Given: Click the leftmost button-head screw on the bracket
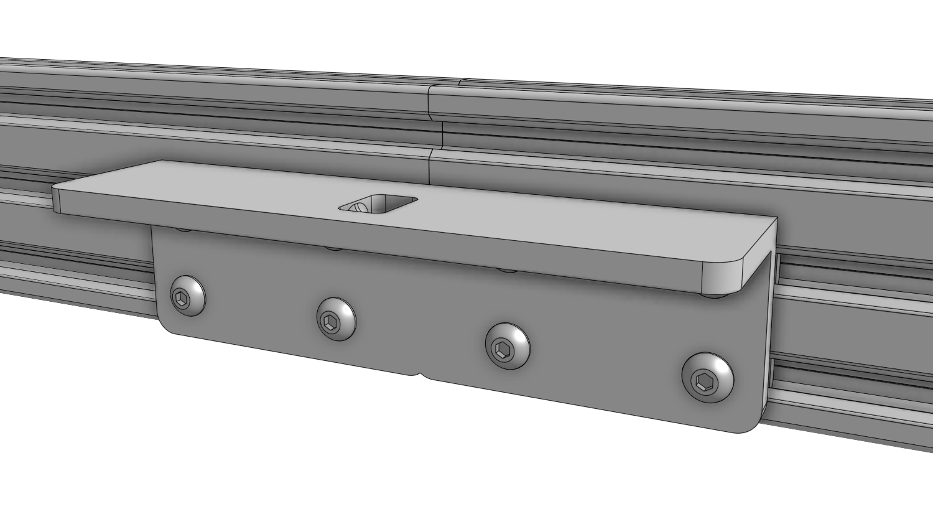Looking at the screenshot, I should [x=188, y=294].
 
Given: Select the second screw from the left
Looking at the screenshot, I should [x=336, y=319].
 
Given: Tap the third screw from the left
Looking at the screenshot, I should [x=507, y=345].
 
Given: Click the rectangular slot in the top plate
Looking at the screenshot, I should [x=378, y=203].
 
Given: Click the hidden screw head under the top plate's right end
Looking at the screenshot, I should [x=715, y=294].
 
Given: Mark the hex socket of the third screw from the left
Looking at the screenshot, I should [x=502, y=349].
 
